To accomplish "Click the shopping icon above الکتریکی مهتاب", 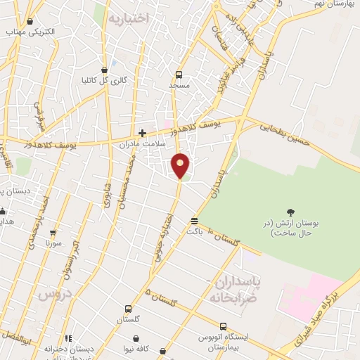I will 30,21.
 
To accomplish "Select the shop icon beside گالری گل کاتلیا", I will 105,70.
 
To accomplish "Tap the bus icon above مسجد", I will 179,75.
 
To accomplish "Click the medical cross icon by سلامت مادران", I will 142,132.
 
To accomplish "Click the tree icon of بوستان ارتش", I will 290,212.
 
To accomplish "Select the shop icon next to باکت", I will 193,221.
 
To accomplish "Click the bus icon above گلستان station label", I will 128,309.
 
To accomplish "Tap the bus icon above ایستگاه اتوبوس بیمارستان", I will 223,327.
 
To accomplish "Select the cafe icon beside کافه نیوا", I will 163,349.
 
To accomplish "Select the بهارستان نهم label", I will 334,5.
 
